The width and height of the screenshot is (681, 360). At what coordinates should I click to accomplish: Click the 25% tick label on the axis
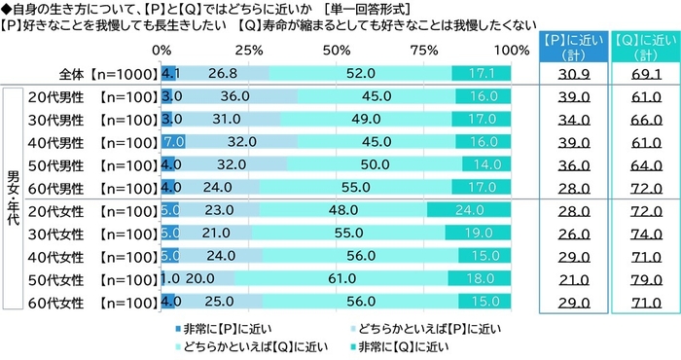click(249, 50)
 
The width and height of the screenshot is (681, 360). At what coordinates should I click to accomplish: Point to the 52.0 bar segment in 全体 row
click(360, 72)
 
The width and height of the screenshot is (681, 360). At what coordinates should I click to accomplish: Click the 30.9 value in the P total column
click(569, 72)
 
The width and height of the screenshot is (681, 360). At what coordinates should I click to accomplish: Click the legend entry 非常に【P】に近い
click(225, 326)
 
